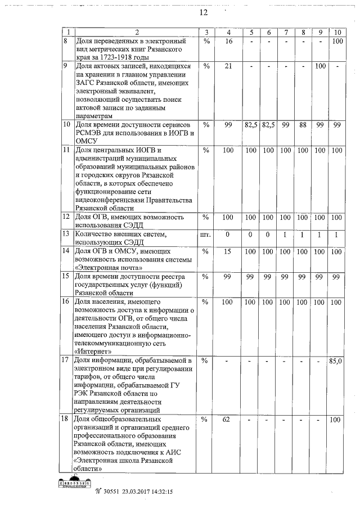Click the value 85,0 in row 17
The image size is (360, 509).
coord(335,361)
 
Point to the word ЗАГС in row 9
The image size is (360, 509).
coord(85,83)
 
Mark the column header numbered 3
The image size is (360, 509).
coord(206,32)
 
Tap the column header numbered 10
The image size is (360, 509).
coord(337,32)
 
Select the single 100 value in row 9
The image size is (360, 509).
coord(321,66)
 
